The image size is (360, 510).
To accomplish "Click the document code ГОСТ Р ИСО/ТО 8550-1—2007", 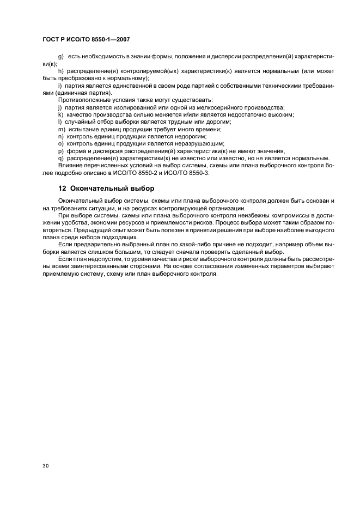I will click(86, 40).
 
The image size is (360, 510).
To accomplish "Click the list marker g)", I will click(60, 57).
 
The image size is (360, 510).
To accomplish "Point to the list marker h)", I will click(60, 71).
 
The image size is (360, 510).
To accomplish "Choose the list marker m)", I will click(60, 129).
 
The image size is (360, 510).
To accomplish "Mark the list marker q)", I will click(60, 158).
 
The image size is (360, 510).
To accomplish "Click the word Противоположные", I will click(87, 100).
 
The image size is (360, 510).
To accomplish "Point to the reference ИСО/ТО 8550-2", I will click(140, 173).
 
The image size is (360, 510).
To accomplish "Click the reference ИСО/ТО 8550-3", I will click(189, 173).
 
